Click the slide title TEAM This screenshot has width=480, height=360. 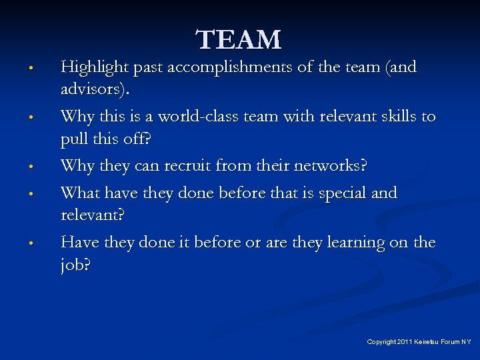239,40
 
